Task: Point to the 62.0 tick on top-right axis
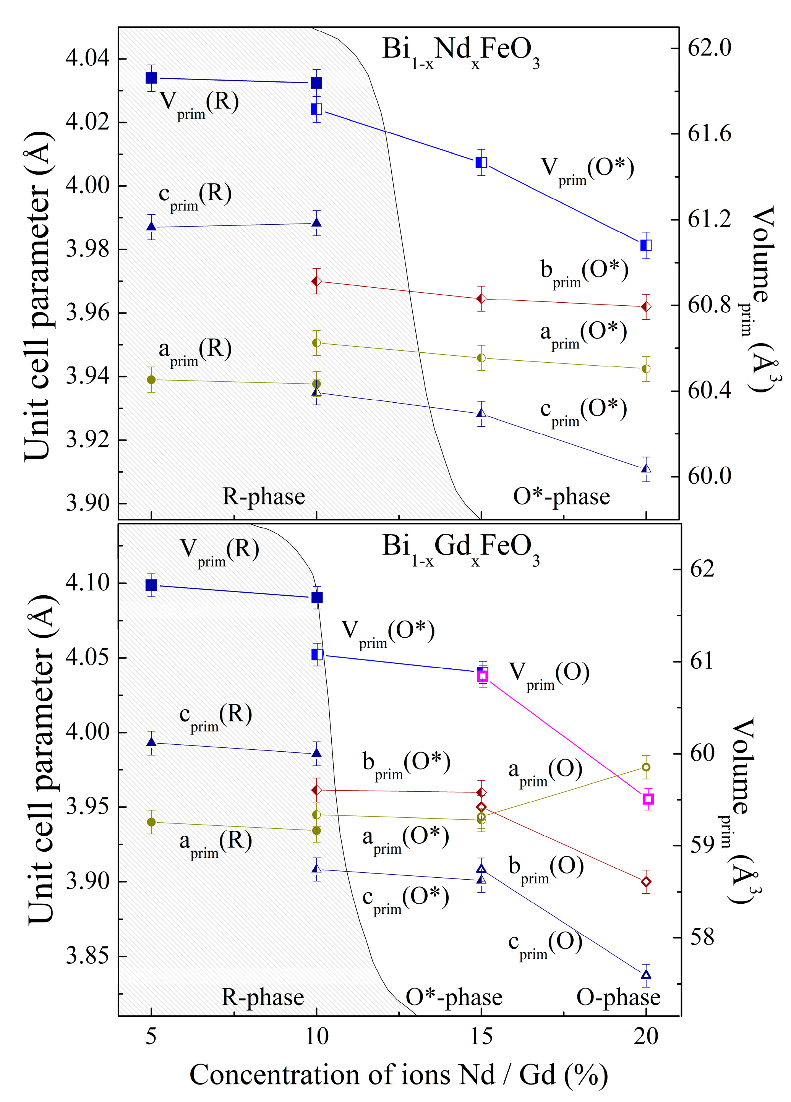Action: click(x=709, y=48)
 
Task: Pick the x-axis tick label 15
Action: click(x=481, y=1036)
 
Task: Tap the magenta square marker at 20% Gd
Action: click(x=647, y=799)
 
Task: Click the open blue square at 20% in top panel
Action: click(x=646, y=245)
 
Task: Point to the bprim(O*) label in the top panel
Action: click(x=584, y=273)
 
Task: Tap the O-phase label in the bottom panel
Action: click(x=618, y=997)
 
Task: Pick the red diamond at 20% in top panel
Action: click(x=646, y=306)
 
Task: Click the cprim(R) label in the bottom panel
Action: click(x=215, y=717)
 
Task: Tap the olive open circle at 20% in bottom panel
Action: click(x=646, y=767)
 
